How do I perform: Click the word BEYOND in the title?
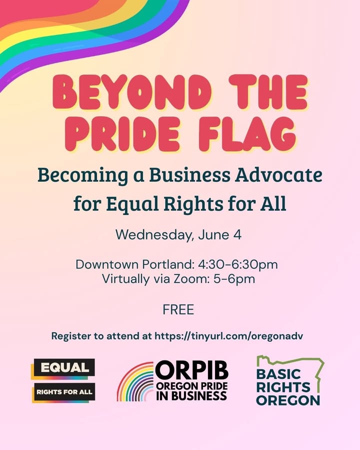132,92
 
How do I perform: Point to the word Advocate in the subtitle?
279,175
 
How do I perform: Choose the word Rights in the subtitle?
193,204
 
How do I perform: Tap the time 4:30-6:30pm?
237,264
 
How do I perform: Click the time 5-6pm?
234,279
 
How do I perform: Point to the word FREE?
178,309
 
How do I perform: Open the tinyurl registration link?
229,336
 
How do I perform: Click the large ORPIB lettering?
192,370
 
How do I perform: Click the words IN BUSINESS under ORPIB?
191,396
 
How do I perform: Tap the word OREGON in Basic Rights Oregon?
288,400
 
